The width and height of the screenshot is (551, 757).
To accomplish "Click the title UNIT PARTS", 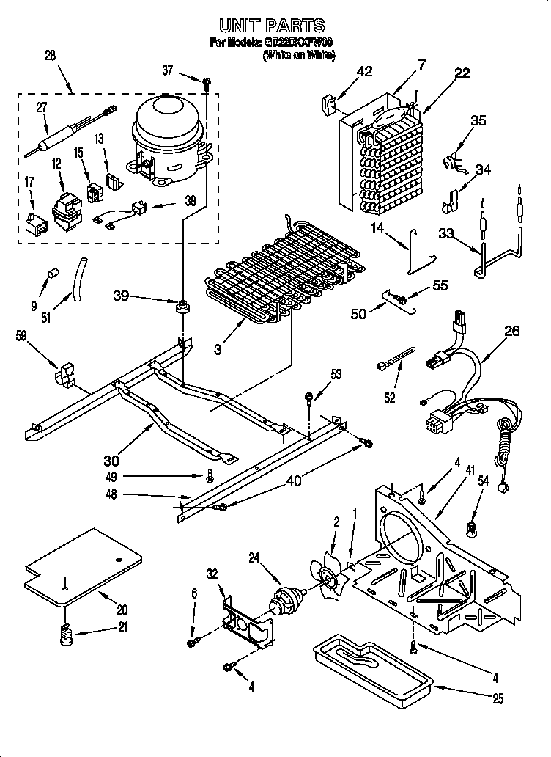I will click(272, 26).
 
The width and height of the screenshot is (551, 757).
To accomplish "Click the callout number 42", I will click(364, 71).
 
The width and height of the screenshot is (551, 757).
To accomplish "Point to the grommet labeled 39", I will click(180, 303).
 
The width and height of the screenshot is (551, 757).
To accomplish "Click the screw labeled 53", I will click(309, 398).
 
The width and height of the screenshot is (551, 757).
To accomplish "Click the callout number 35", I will click(478, 121).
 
